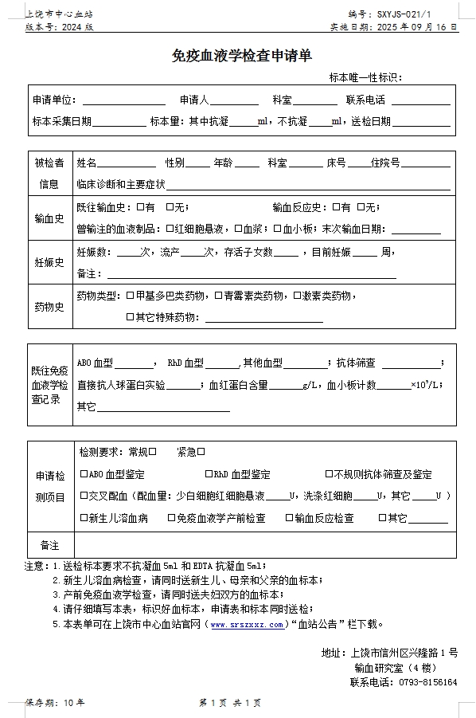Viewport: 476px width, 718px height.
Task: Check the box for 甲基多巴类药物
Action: click(130, 296)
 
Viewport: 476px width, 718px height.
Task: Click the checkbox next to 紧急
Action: click(201, 452)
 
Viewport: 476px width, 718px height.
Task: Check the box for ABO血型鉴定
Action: click(84, 474)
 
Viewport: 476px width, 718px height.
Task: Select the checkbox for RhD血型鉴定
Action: click(209, 474)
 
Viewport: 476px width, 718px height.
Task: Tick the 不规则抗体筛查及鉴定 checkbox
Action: click(328, 474)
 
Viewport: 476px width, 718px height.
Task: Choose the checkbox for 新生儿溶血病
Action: click(84, 518)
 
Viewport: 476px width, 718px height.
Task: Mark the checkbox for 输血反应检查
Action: click(289, 518)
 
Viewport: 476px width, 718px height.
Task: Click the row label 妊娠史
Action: click(49, 263)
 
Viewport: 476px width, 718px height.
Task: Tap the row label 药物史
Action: click(49, 307)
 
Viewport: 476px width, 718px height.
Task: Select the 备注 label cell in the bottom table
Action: click(49, 546)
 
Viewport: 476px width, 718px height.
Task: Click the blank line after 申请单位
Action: click(123, 101)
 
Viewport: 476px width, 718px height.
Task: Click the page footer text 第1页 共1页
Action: click(230, 703)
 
